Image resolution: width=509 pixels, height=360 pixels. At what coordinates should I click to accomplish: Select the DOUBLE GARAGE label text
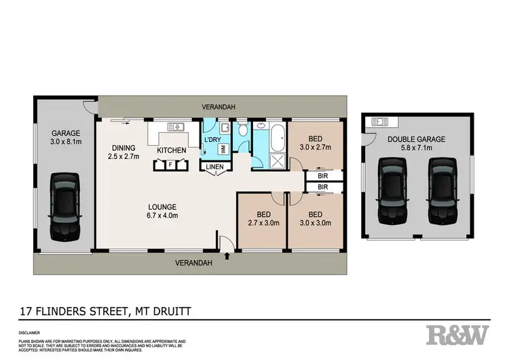click(417, 139)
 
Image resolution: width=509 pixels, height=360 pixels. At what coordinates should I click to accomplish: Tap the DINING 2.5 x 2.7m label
click(123, 151)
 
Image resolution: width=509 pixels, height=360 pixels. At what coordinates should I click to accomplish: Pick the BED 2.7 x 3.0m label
click(260, 217)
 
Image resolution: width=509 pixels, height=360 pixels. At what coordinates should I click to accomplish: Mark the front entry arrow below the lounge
click(227, 256)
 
